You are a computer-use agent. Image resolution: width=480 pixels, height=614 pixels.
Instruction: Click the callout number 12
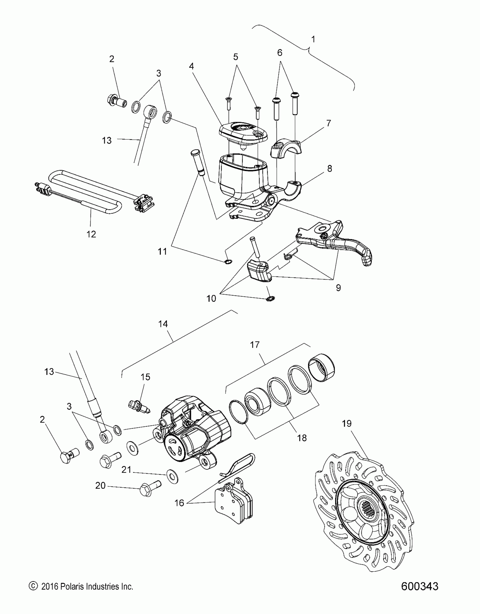[x=91, y=234]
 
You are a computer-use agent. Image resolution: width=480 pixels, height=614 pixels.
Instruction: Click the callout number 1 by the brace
[x=313, y=39]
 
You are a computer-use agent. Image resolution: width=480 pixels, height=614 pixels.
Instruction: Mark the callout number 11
[x=162, y=251]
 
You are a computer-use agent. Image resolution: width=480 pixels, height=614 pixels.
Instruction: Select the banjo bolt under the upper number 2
[x=116, y=100]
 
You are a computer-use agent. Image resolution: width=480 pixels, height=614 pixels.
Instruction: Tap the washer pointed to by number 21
[x=171, y=477]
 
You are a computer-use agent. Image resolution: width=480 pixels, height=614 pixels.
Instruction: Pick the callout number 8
[x=330, y=169]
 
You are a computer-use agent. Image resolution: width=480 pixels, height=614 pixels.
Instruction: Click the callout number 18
[x=302, y=438]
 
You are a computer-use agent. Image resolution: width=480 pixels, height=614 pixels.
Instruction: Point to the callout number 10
[x=211, y=298]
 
